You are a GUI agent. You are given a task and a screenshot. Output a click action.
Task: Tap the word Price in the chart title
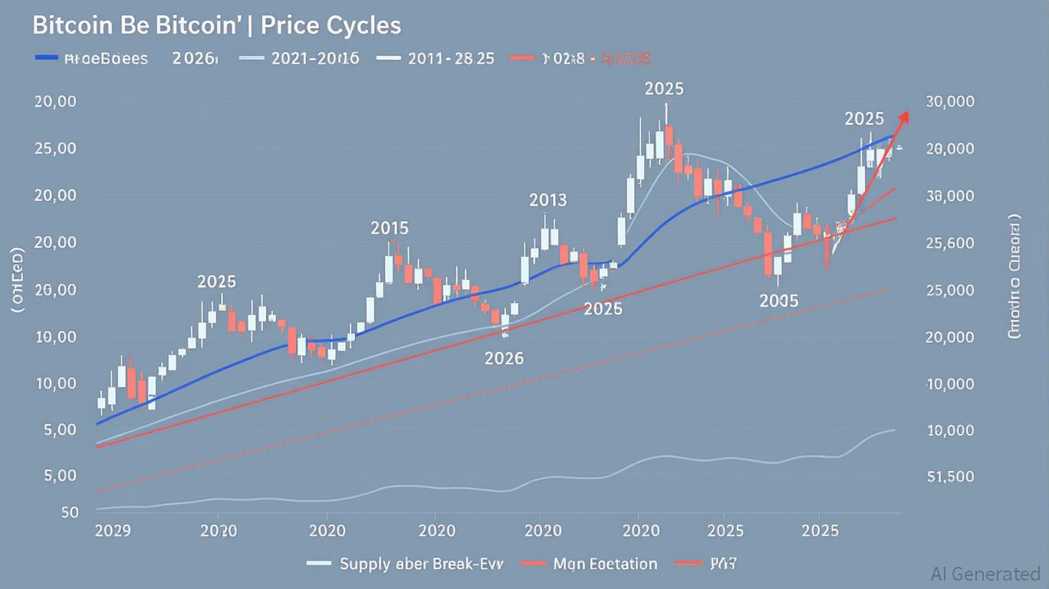point(289,25)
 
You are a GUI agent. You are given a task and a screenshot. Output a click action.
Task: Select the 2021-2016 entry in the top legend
point(315,58)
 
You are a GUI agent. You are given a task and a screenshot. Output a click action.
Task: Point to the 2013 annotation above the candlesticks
point(548,201)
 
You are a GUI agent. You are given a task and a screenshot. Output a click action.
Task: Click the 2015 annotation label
point(390,228)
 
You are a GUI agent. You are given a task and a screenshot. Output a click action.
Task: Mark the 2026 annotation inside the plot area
point(504,358)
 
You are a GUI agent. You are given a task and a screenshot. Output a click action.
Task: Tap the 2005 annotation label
point(778,301)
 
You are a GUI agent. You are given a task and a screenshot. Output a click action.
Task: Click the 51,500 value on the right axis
point(950,476)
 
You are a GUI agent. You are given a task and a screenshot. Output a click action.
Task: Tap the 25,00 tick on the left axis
point(54,149)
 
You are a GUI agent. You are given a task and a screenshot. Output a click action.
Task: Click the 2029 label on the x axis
point(112,530)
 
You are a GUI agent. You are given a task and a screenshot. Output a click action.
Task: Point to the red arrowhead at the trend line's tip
point(904,116)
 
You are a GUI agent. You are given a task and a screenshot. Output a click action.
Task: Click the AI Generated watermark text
point(985,574)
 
